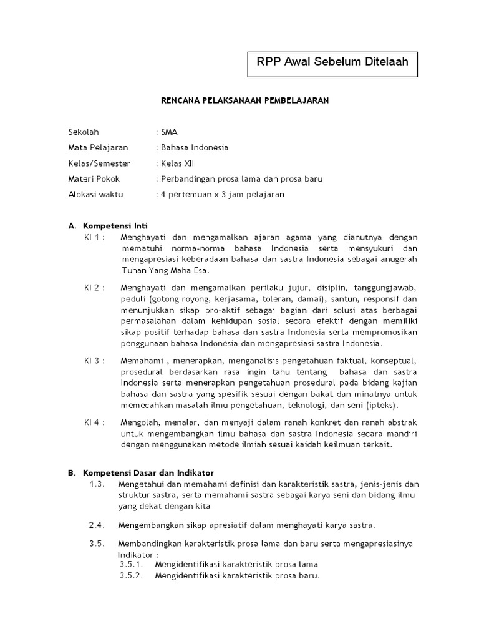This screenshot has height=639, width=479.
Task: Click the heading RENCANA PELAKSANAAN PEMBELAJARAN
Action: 245,100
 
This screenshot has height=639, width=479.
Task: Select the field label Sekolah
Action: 84,132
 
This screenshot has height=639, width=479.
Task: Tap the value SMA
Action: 169,132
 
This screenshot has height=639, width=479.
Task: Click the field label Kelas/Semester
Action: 99,163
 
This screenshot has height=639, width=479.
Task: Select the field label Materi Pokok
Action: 94,178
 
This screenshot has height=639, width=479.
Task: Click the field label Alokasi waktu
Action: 95,194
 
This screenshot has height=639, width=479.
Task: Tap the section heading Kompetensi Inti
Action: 115,225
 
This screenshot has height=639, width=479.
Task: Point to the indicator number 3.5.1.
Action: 132,565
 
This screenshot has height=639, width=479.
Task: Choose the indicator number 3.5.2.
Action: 132,575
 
